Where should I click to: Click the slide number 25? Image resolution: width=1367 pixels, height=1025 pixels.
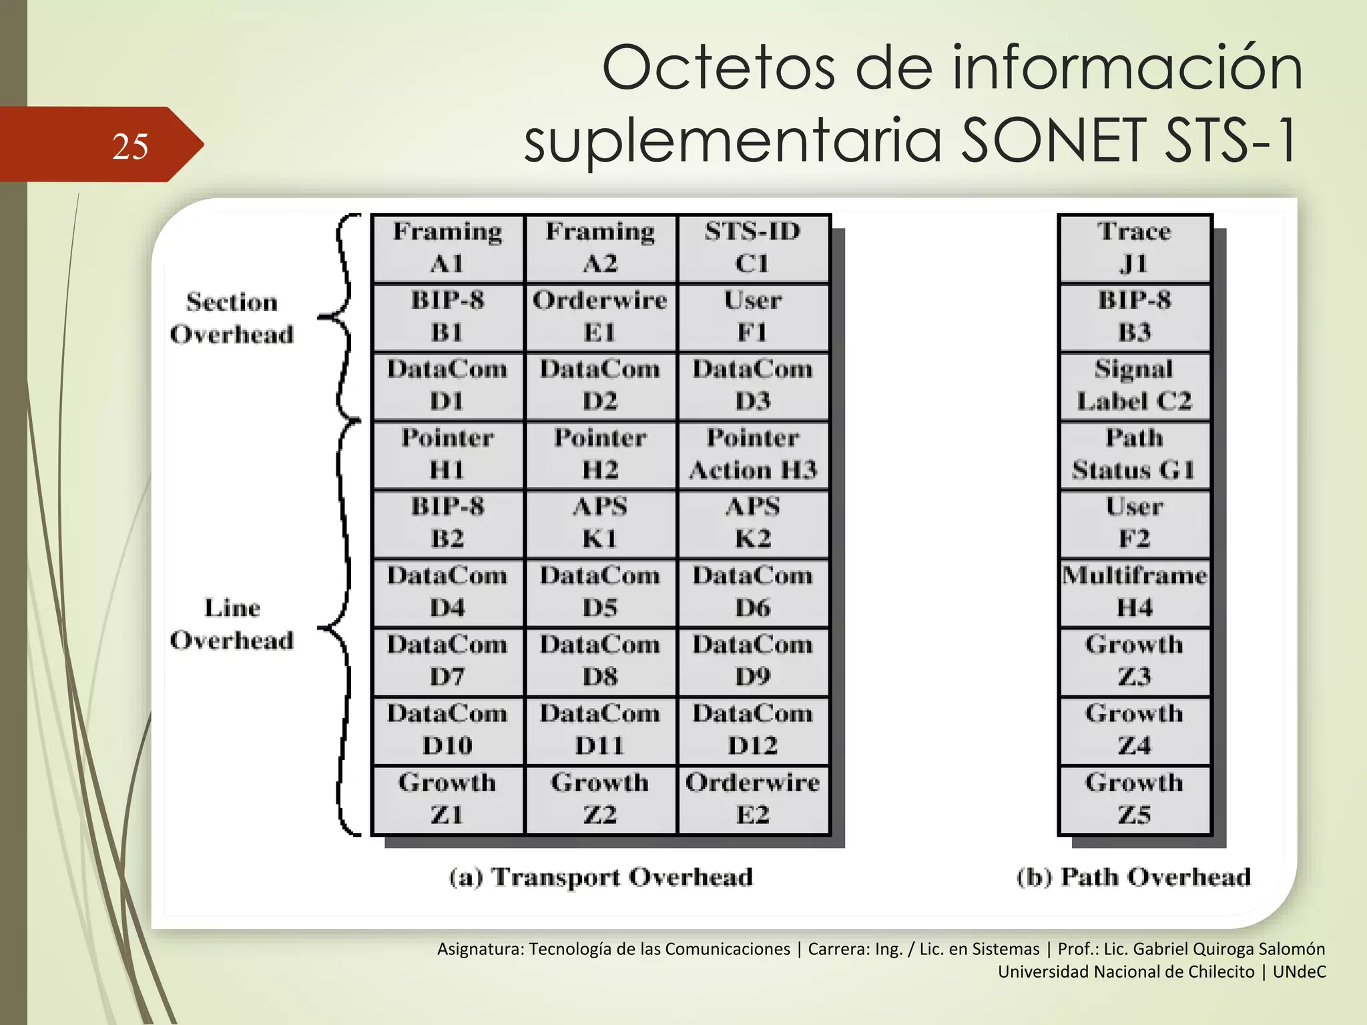click(x=130, y=146)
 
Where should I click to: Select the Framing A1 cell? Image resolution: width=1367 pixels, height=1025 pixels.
click(x=447, y=248)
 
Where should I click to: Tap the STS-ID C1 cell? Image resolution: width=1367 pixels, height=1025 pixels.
click(x=753, y=248)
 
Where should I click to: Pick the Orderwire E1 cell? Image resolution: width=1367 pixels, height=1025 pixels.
click(x=600, y=317)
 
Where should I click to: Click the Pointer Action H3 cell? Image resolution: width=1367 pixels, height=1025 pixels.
click(x=753, y=454)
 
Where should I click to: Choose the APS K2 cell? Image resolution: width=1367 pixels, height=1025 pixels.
click(x=753, y=523)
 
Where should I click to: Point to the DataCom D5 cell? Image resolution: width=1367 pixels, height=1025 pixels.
click(x=600, y=592)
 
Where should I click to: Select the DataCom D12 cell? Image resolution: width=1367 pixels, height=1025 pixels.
click(x=753, y=730)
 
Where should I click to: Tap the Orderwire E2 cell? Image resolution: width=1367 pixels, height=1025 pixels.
click(x=753, y=799)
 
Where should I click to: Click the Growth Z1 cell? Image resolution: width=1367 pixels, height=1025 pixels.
click(x=447, y=799)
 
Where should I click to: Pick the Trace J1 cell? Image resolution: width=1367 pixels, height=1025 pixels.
click(x=1134, y=248)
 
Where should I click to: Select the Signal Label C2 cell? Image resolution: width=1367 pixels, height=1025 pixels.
click(x=1134, y=386)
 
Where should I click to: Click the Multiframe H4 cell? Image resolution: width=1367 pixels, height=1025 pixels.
click(x=1134, y=592)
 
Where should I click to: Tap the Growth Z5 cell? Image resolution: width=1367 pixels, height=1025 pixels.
click(x=1134, y=799)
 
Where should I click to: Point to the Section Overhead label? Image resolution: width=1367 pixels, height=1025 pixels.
click(x=232, y=318)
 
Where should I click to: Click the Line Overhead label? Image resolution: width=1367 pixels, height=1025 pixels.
click(x=232, y=625)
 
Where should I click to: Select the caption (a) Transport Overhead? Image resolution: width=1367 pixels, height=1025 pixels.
click(x=601, y=877)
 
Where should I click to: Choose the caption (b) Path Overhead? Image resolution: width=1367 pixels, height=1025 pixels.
click(x=1133, y=877)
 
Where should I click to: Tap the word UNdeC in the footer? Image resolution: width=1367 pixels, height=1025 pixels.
click(x=1299, y=972)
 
